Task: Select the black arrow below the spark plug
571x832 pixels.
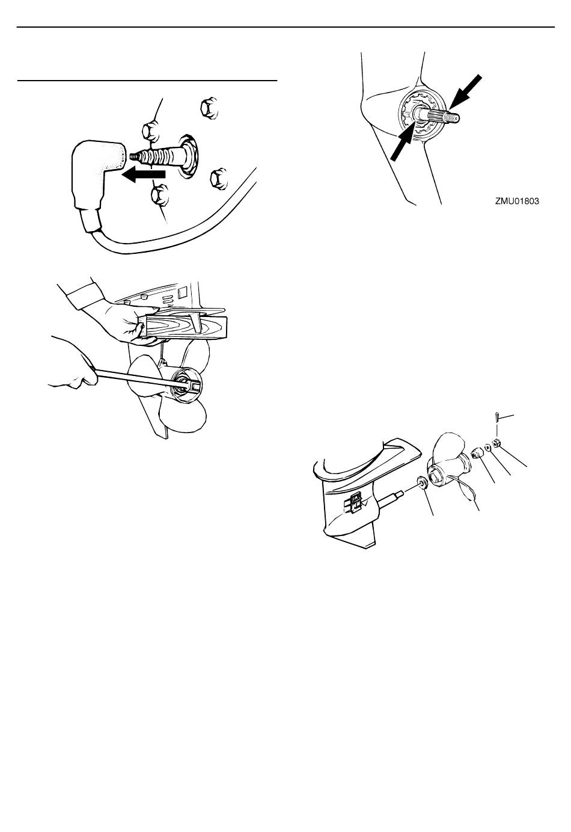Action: (x=144, y=175)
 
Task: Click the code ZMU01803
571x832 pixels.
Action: (x=517, y=202)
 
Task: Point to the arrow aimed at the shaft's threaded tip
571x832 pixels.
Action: (x=465, y=93)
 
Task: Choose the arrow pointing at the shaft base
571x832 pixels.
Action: (x=407, y=142)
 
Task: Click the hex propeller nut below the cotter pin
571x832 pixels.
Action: (x=496, y=443)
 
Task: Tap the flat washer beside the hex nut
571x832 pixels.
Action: (x=487, y=448)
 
